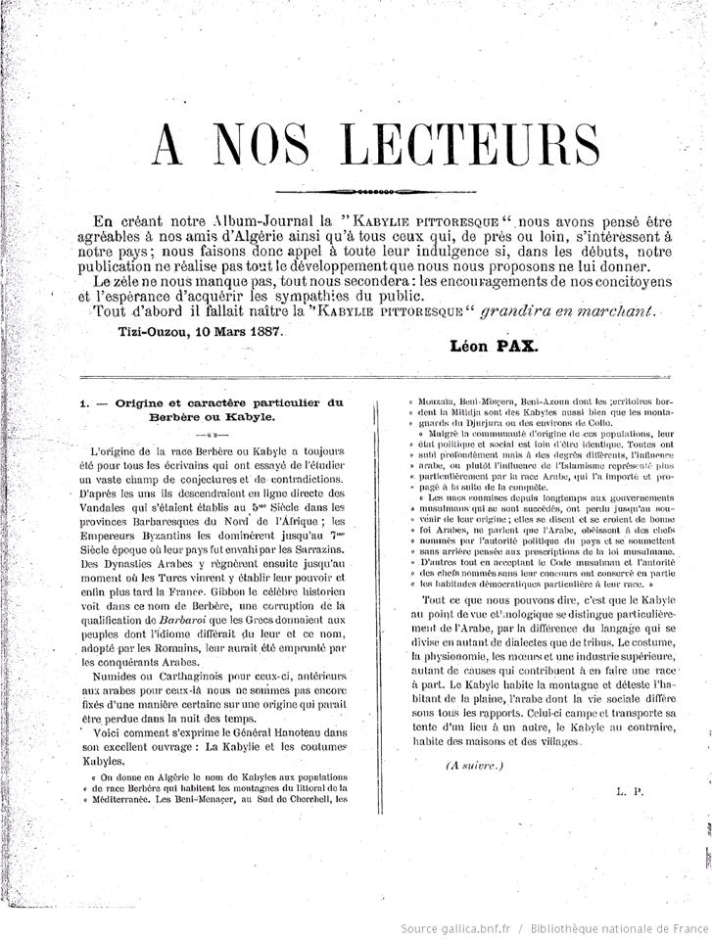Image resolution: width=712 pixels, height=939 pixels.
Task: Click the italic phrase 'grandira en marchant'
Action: click(571, 310)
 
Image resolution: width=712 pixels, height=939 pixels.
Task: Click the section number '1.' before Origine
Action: click(85, 401)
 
